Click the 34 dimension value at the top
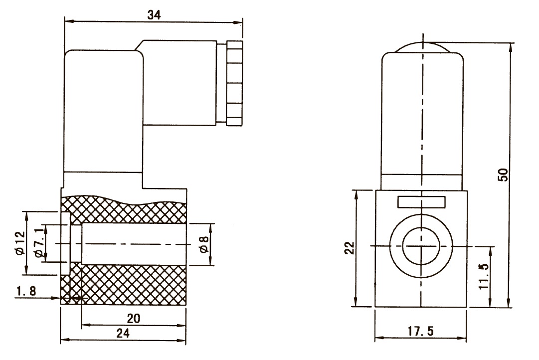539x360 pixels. click(x=154, y=15)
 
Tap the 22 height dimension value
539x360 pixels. click(x=350, y=248)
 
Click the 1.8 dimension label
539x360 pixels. click(x=24, y=292)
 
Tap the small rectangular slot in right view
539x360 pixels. click(x=421, y=202)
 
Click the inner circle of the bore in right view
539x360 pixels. click(x=421, y=246)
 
